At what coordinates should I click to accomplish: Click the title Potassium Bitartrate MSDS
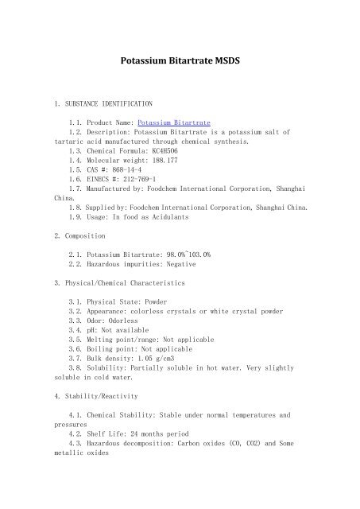(180, 60)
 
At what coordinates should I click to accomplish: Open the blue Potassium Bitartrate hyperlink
(174, 123)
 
